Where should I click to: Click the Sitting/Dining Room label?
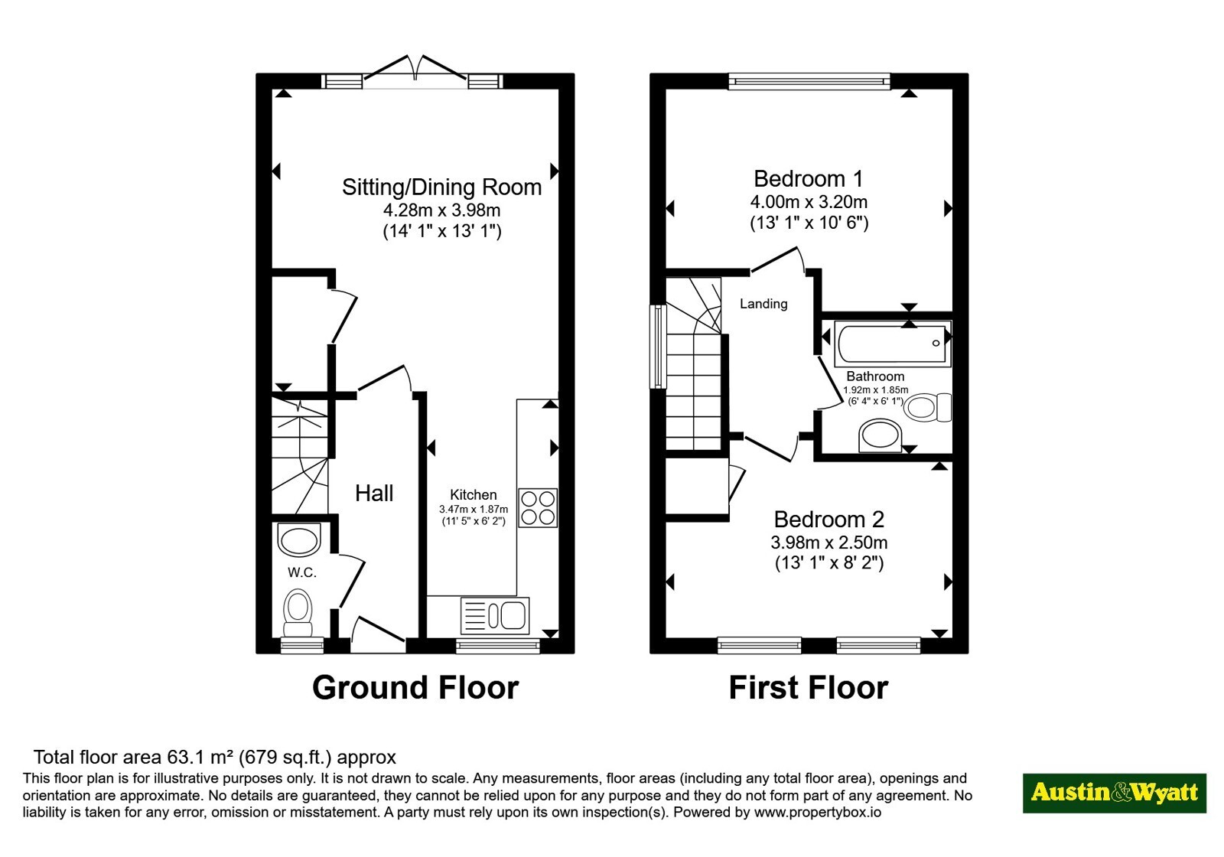[441, 187]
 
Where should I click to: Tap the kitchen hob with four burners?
[538, 508]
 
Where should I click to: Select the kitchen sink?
[495, 616]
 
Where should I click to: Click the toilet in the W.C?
[298, 612]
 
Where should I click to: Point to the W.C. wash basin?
[299, 539]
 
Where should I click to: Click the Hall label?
[374, 494]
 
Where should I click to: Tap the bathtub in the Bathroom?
[893, 344]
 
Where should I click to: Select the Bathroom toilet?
[927, 407]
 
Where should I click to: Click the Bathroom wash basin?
[880, 436]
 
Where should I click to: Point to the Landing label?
[763, 304]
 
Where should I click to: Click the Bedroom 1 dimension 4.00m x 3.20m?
[809, 202]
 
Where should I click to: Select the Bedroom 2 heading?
[829, 520]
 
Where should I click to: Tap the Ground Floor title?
[415, 688]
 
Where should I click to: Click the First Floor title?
[809, 688]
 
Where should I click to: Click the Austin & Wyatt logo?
[1115, 793]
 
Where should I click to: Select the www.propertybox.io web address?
[818, 812]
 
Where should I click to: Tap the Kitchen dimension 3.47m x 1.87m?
[474, 510]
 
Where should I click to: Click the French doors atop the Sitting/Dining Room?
[415, 72]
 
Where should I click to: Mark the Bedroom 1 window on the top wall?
[809, 81]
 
